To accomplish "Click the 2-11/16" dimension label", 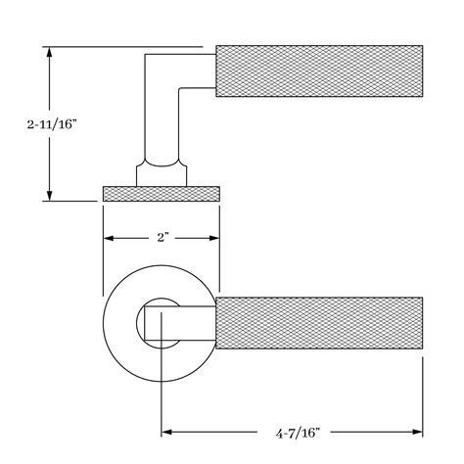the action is [x=52, y=124].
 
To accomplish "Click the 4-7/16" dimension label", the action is [x=298, y=434].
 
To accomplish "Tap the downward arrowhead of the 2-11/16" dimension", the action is [x=49, y=196].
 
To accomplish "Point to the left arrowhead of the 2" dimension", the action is [x=109, y=238].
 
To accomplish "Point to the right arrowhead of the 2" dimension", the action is [x=214, y=238].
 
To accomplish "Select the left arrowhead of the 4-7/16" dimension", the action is [x=167, y=432].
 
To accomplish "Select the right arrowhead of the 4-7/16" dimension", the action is [x=417, y=432].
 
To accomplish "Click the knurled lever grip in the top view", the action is [x=319, y=70].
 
